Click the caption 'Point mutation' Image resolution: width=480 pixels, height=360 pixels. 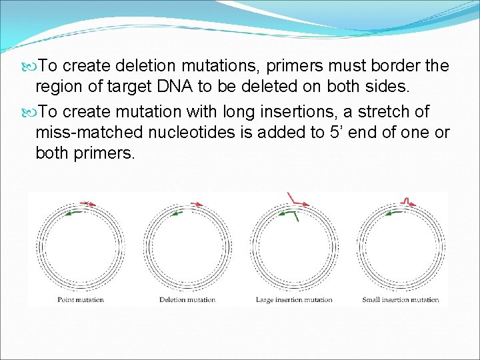(81, 300)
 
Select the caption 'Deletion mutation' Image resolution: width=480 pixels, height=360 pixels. (187, 300)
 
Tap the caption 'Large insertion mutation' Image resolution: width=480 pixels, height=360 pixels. (294, 300)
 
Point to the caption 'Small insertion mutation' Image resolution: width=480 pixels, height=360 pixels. (401, 300)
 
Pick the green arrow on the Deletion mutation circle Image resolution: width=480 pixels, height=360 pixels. (179, 213)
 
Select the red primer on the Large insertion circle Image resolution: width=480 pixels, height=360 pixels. (297, 202)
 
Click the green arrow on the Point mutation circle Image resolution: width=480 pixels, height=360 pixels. (76, 211)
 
